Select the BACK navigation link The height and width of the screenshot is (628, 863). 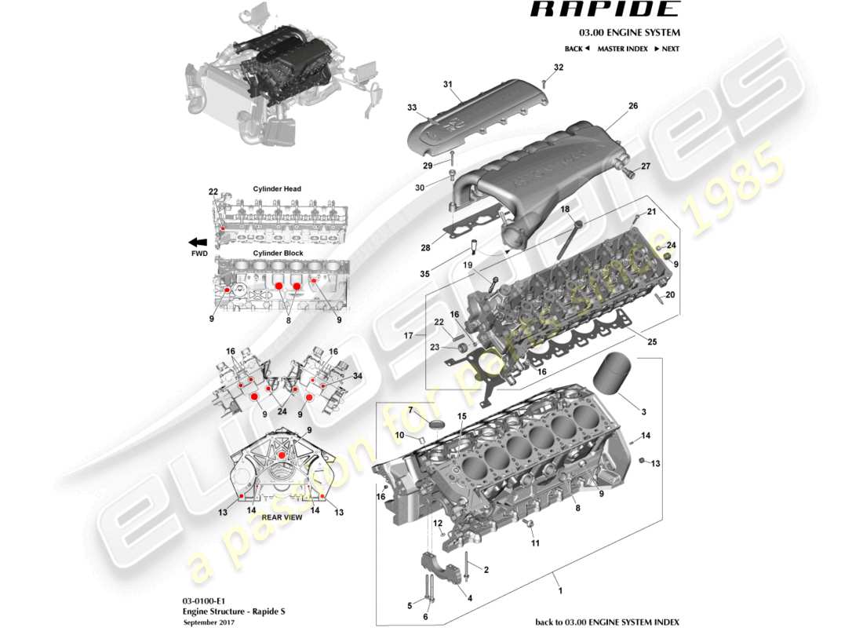(577, 49)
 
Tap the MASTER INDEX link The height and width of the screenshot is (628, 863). (622, 49)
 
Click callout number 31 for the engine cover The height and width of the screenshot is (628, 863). (448, 84)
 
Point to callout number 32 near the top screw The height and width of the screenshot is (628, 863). (558, 68)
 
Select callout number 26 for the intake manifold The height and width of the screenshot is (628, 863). (633, 105)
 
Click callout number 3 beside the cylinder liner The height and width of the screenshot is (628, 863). (644, 412)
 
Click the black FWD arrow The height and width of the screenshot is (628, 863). (198, 243)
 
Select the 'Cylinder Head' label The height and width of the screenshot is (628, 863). (277, 188)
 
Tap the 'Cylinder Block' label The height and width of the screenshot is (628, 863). (278, 254)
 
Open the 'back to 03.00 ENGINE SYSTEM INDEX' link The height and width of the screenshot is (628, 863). (607, 622)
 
